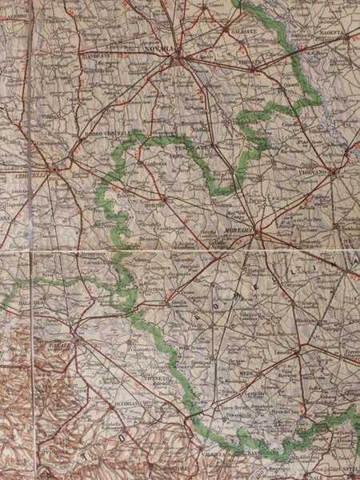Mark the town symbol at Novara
coord(183,58)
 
